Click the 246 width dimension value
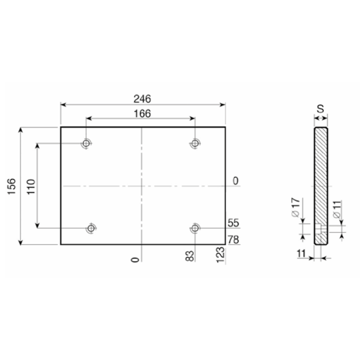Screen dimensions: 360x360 (x=142, y=99)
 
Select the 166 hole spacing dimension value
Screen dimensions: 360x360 (x=142, y=114)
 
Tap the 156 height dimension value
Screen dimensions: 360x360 (x=12, y=186)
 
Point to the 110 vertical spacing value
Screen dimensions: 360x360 (x=31, y=187)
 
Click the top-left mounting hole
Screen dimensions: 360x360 (x=86, y=143)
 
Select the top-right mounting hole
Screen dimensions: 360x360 (x=195, y=143)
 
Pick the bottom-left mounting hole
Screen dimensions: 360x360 (x=91, y=228)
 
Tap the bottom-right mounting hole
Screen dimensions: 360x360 (x=195, y=228)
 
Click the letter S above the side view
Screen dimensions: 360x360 (x=320, y=109)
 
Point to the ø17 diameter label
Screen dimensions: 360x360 (x=296, y=207)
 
